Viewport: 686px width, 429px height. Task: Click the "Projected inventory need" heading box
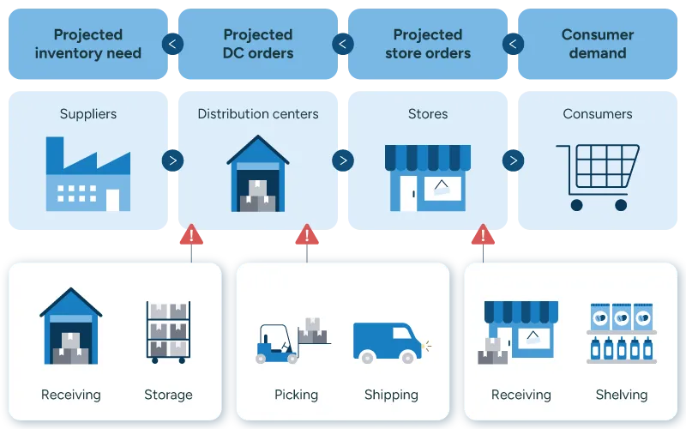[87, 44]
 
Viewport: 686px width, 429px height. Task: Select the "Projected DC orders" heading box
[258, 44]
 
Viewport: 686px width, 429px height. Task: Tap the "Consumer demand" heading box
[598, 44]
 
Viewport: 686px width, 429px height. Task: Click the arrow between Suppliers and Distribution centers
[172, 160]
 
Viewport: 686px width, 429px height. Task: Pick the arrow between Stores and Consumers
[514, 160]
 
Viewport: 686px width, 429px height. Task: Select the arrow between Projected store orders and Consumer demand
[514, 44]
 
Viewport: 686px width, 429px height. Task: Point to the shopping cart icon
[598, 176]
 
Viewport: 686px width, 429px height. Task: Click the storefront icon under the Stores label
[428, 177]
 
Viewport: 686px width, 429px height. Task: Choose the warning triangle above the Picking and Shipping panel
[307, 235]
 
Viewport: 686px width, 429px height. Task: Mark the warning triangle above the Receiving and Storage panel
[191, 235]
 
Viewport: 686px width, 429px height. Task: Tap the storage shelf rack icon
[168, 331]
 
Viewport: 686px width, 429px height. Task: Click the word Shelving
[622, 395]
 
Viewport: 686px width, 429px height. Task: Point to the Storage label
[168, 395]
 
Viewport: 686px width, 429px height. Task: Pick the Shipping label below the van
[391, 395]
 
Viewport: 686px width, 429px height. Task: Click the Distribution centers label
[258, 114]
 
